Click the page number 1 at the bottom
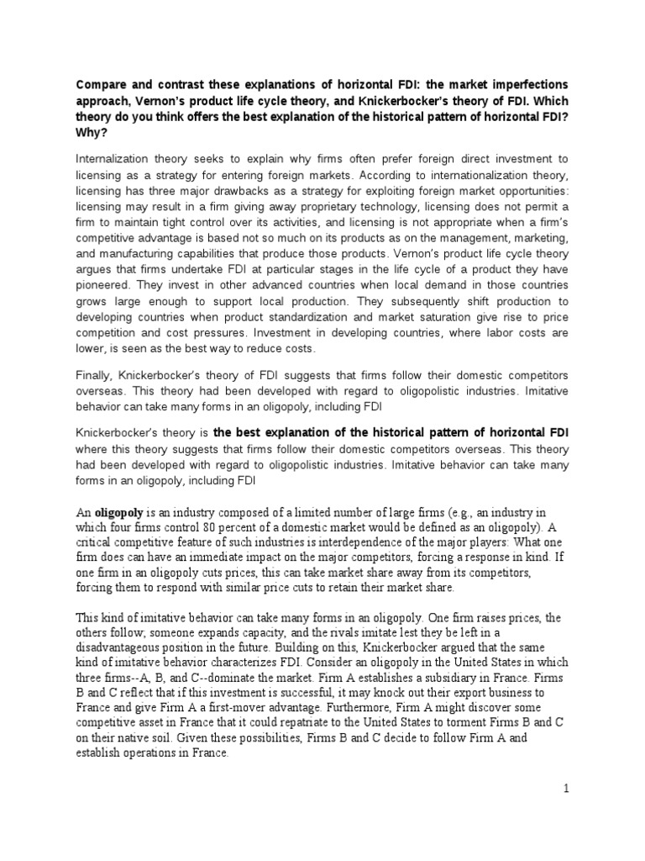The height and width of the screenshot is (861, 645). click(x=566, y=789)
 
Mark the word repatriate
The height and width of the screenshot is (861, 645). click(x=303, y=725)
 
